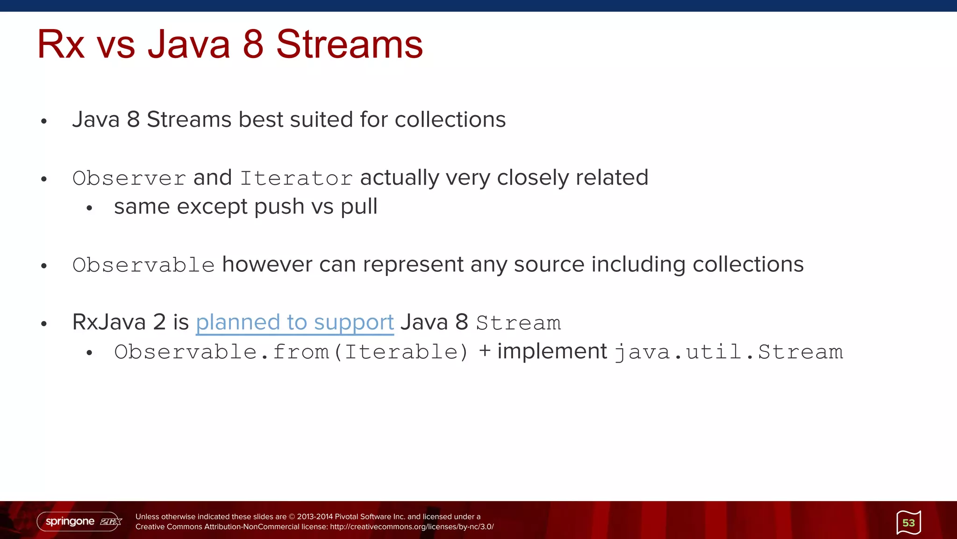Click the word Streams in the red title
tap(349, 44)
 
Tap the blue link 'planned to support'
tap(294, 322)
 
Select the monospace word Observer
tap(129, 178)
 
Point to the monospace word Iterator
tap(296, 178)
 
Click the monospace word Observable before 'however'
tap(143, 265)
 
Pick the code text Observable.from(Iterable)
tap(291, 352)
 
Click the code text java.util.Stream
tap(728, 352)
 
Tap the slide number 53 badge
tap(908, 523)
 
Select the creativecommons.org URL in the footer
tap(412, 527)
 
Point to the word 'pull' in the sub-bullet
tap(359, 207)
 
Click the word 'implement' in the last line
tap(552, 351)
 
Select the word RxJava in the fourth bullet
tap(109, 322)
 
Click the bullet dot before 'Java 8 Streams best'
tap(44, 121)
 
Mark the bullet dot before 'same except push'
tap(89, 208)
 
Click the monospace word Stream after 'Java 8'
tap(518, 323)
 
